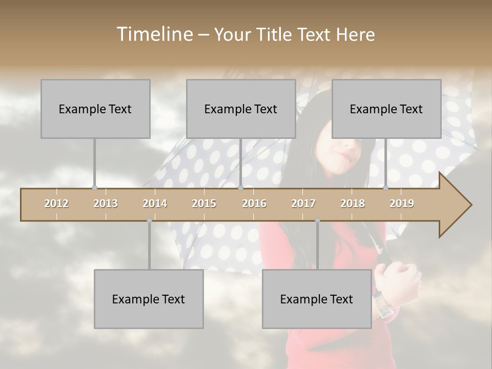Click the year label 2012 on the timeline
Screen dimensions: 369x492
point(56,203)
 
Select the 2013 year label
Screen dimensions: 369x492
point(106,203)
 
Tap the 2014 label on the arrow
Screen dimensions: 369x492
point(155,203)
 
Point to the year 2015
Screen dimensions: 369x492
point(204,203)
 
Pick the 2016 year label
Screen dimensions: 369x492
point(254,203)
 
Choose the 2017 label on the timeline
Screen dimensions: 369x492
point(303,203)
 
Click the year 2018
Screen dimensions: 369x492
point(353,203)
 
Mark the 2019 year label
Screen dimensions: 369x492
point(402,203)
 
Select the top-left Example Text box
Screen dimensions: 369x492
point(95,109)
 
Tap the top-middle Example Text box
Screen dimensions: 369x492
point(241,109)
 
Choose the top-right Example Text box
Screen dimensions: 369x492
point(386,109)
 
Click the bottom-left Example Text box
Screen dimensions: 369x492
point(149,299)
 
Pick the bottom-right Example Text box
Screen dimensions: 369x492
point(317,299)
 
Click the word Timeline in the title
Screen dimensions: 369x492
point(154,34)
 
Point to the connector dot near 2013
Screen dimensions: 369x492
point(94,188)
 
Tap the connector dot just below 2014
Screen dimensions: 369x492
point(149,220)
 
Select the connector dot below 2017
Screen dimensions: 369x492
point(317,220)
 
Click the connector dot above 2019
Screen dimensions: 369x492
point(385,188)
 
